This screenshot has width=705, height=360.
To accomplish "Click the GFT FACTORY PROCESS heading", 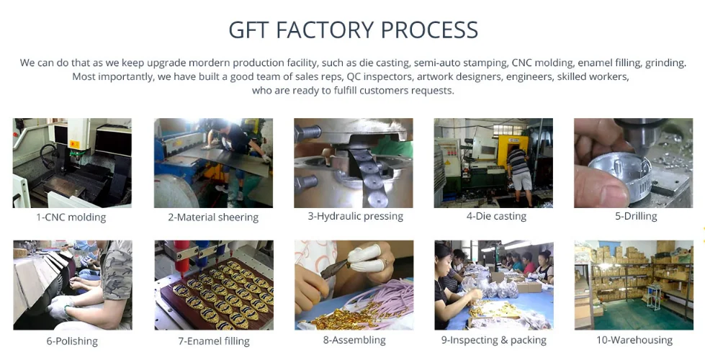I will (x=353, y=30).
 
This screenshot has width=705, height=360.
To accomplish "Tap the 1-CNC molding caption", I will (x=71, y=217).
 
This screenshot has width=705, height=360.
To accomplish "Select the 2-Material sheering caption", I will (x=213, y=217).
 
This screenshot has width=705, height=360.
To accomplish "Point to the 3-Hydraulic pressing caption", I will (x=353, y=216).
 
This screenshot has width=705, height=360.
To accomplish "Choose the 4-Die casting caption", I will (x=496, y=216).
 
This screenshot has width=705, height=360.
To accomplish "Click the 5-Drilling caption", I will (x=635, y=216).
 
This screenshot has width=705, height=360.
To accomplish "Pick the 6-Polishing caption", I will (x=72, y=341).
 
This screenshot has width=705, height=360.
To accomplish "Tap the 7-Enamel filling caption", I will (x=213, y=341).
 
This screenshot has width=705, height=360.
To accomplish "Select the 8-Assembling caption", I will (x=354, y=340).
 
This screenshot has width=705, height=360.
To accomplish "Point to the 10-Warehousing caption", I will (x=634, y=340).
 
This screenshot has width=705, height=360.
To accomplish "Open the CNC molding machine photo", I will (x=72, y=163).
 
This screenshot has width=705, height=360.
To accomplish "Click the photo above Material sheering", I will (x=213, y=163).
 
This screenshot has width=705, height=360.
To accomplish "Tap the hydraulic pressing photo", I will (x=354, y=163).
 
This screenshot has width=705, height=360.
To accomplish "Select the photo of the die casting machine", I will (x=493, y=163).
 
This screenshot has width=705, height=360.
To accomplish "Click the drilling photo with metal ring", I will (x=634, y=163).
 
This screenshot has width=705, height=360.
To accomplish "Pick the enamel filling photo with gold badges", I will (x=213, y=285).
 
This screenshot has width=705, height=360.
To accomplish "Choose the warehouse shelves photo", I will (x=634, y=285).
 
